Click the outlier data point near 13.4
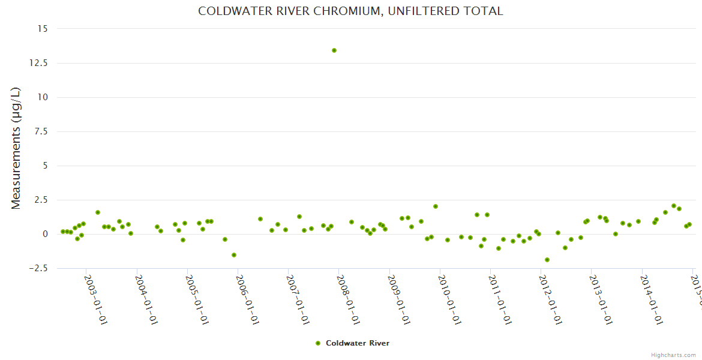(334, 50)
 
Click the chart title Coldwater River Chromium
(350, 11)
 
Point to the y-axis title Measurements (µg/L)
(16, 148)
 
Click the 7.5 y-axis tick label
(43, 131)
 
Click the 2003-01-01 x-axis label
(95, 292)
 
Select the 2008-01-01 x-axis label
(349, 292)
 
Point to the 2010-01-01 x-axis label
(449, 292)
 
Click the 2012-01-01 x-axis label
(551, 292)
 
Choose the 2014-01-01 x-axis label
(652, 292)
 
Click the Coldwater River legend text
(358, 343)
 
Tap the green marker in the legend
(318, 343)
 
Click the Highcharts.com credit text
(673, 355)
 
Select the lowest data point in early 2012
(547, 260)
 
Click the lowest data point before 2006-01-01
(234, 255)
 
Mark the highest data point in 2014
(674, 206)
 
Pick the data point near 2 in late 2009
(436, 206)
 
